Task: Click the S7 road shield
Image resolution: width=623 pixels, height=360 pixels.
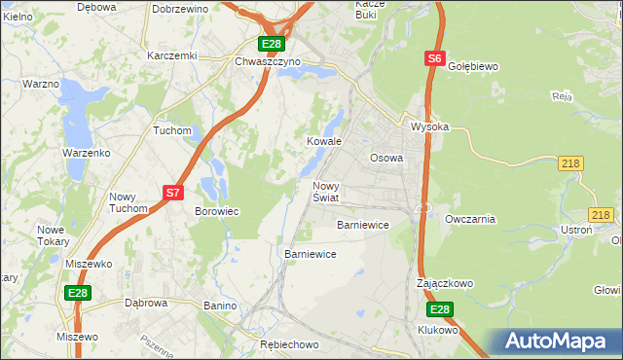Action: click(172, 193)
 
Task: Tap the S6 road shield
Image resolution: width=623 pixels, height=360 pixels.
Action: click(435, 59)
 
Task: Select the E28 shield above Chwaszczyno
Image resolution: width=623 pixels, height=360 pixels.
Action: click(272, 44)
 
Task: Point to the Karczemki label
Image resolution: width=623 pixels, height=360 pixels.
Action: click(171, 55)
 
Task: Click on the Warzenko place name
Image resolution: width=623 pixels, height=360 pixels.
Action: click(86, 154)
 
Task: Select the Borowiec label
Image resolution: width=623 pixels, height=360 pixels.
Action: click(217, 211)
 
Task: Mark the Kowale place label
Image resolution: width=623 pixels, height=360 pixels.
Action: click(325, 141)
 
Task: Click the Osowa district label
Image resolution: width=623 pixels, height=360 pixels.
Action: click(386, 158)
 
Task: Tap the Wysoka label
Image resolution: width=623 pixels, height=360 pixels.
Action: click(429, 127)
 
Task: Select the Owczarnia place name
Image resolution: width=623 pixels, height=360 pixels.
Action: click(470, 219)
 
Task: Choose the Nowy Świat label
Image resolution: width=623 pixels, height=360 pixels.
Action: click(326, 192)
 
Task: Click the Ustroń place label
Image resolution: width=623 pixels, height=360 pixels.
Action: click(576, 229)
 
